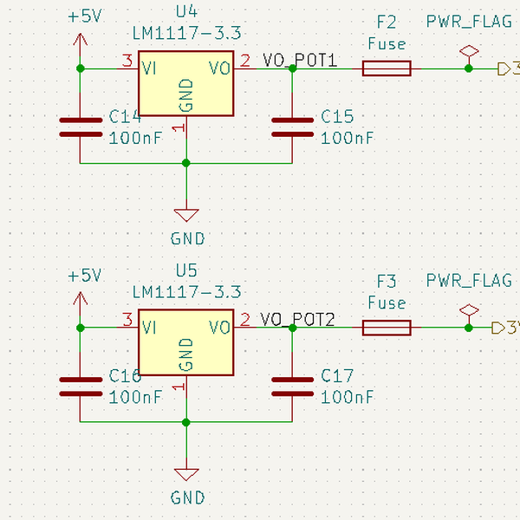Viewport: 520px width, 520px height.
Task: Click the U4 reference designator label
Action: tap(186, 12)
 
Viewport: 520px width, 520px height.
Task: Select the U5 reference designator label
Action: tap(186, 270)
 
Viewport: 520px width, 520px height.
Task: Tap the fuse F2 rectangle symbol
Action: tap(386, 68)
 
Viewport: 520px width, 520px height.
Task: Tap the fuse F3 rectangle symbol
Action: tap(386, 328)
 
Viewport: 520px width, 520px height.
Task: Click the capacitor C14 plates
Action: tap(81, 127)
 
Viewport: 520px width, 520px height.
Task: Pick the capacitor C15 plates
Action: tap(293, 127)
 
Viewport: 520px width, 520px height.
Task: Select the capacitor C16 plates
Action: tap(81, 386)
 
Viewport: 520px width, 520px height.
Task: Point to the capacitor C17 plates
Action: tap(293, 386)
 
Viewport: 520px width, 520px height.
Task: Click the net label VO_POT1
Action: tap(298, 61)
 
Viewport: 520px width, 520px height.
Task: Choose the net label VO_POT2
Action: tap(298, 320)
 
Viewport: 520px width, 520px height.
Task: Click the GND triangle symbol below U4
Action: tap(186, 214)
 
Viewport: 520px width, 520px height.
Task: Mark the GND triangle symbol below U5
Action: tap(186, 474)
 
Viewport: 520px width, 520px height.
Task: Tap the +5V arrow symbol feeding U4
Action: tap(81, 42)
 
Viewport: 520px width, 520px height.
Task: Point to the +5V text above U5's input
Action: tap(84, 275)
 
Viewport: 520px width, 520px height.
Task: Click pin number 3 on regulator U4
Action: tap(127, 60)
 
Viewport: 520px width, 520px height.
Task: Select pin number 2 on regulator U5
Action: tap(245, 319)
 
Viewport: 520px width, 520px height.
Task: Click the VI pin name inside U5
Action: tap(149, 328)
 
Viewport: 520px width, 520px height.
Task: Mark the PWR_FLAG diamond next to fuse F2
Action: tap(469, 51)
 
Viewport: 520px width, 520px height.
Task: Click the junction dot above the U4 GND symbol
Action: tap(186, 163)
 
